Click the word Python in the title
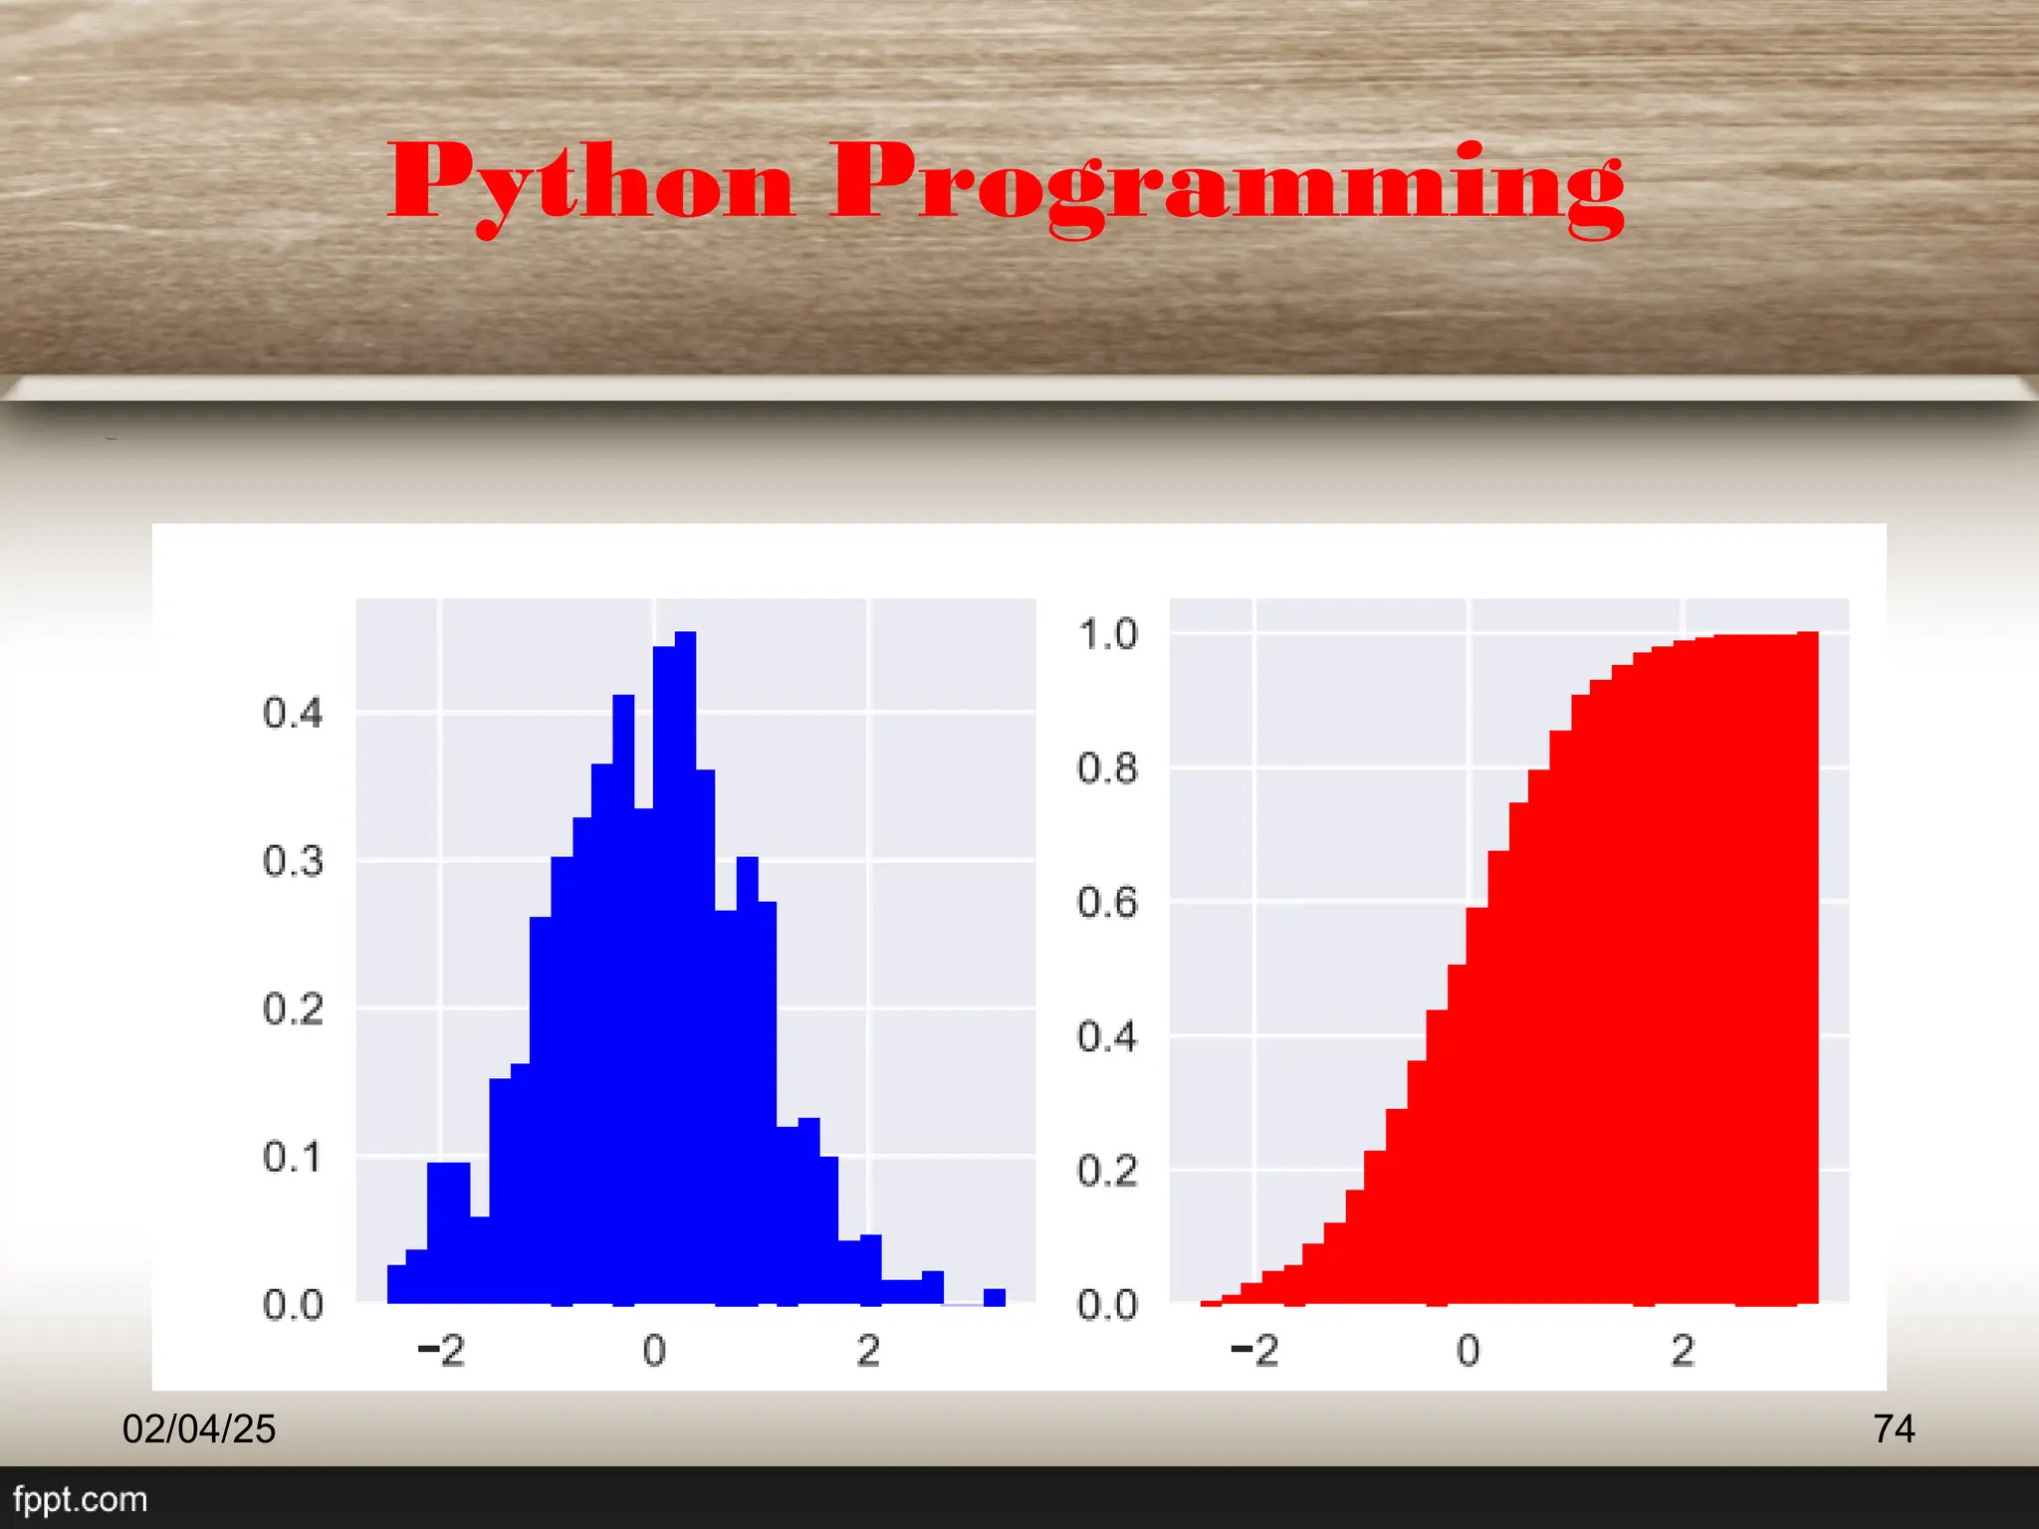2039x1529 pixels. coord(591,182)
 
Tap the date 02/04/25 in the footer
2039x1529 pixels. coord(199,1429)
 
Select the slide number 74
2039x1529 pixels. coord(1894,1429)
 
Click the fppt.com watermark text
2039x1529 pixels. coord(80,1499)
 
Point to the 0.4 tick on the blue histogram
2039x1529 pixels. coord(293,713)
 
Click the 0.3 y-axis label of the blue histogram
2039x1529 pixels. coord(293,861)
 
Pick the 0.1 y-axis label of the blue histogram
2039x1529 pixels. coord(293,1157)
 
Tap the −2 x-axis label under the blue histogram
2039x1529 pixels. coord(441,1351)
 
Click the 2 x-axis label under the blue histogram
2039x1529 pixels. coord(868,1351)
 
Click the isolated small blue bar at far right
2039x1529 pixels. coord(995,1296)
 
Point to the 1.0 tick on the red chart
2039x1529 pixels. coord(1107,634)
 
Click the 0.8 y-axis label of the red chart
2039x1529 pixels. coord(1107,768)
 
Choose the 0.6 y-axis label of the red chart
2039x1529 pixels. coord(1107,902)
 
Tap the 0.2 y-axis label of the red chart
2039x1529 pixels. coord(1107,1171)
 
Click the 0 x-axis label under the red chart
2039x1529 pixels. coord(1469,1351)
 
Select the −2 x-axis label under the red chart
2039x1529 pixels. coord(1254,1351)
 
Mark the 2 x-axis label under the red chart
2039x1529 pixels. coord(1683,1351)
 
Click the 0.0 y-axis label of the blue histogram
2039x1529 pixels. coord(293,1304)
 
